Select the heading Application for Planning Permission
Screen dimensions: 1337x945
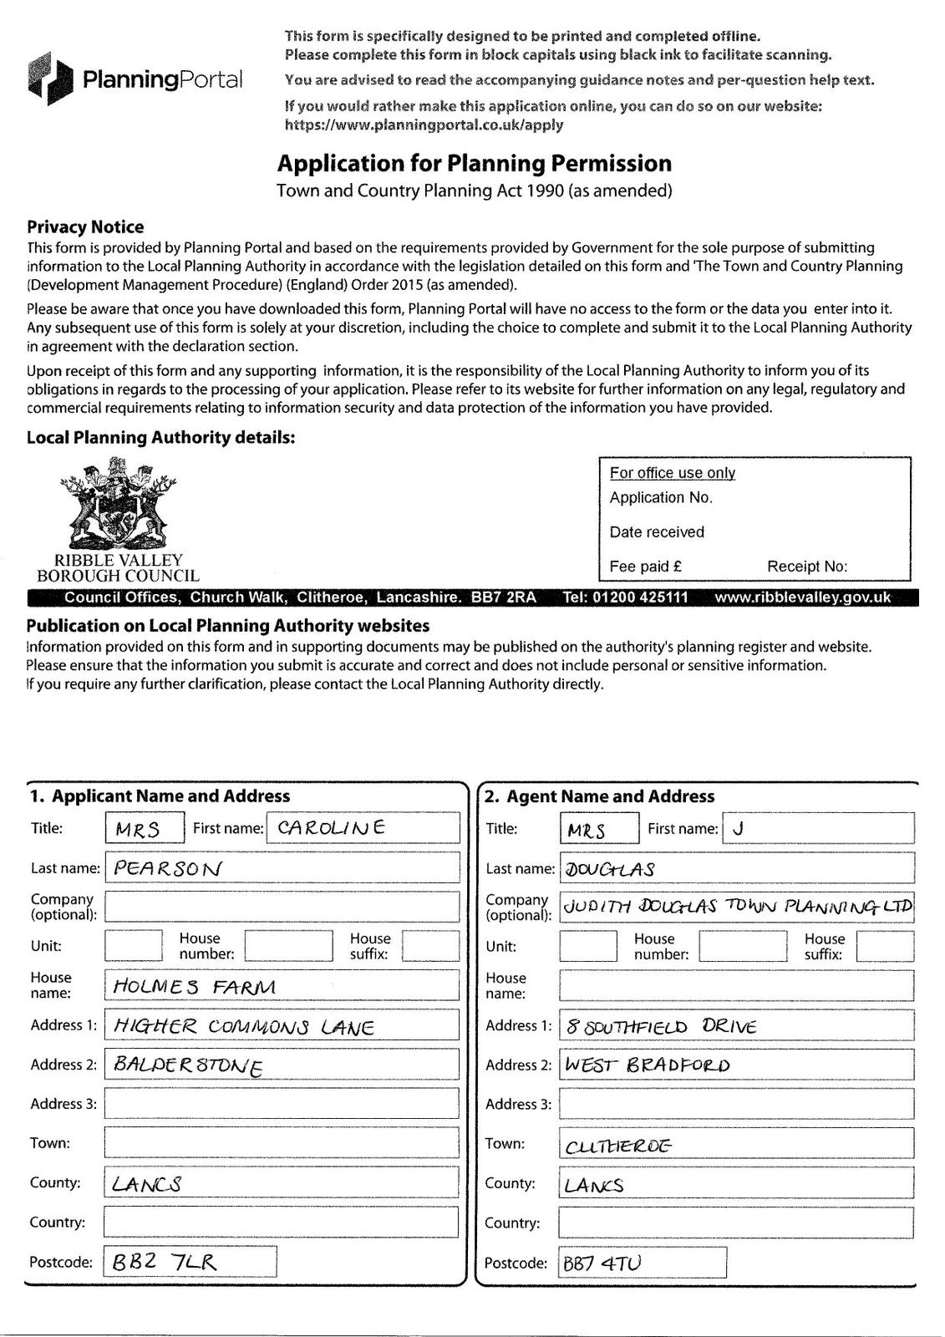point(474,163)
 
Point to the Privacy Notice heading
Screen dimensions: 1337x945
point(85,226)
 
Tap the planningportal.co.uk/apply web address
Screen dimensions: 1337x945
point(424,125)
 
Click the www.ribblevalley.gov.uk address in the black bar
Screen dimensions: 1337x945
point(802,597)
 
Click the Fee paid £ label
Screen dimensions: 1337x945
point(645,566)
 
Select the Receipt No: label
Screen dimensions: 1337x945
point(806,566)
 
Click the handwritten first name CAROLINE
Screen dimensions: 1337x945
point(331,828)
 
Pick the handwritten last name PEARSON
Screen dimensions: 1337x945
point(167,868)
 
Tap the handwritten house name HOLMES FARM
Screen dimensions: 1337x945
point(194,986)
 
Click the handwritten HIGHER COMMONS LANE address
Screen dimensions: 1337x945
point(243,1026)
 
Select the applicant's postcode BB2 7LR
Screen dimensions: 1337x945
point(164,1262)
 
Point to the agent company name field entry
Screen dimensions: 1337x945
point(736,907)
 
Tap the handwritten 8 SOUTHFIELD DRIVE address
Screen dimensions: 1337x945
point(661,1026)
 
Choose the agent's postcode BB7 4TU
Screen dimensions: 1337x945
point(602,1263)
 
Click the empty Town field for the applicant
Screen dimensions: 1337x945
point(282,1142)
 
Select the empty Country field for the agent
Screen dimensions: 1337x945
point(736,1223)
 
